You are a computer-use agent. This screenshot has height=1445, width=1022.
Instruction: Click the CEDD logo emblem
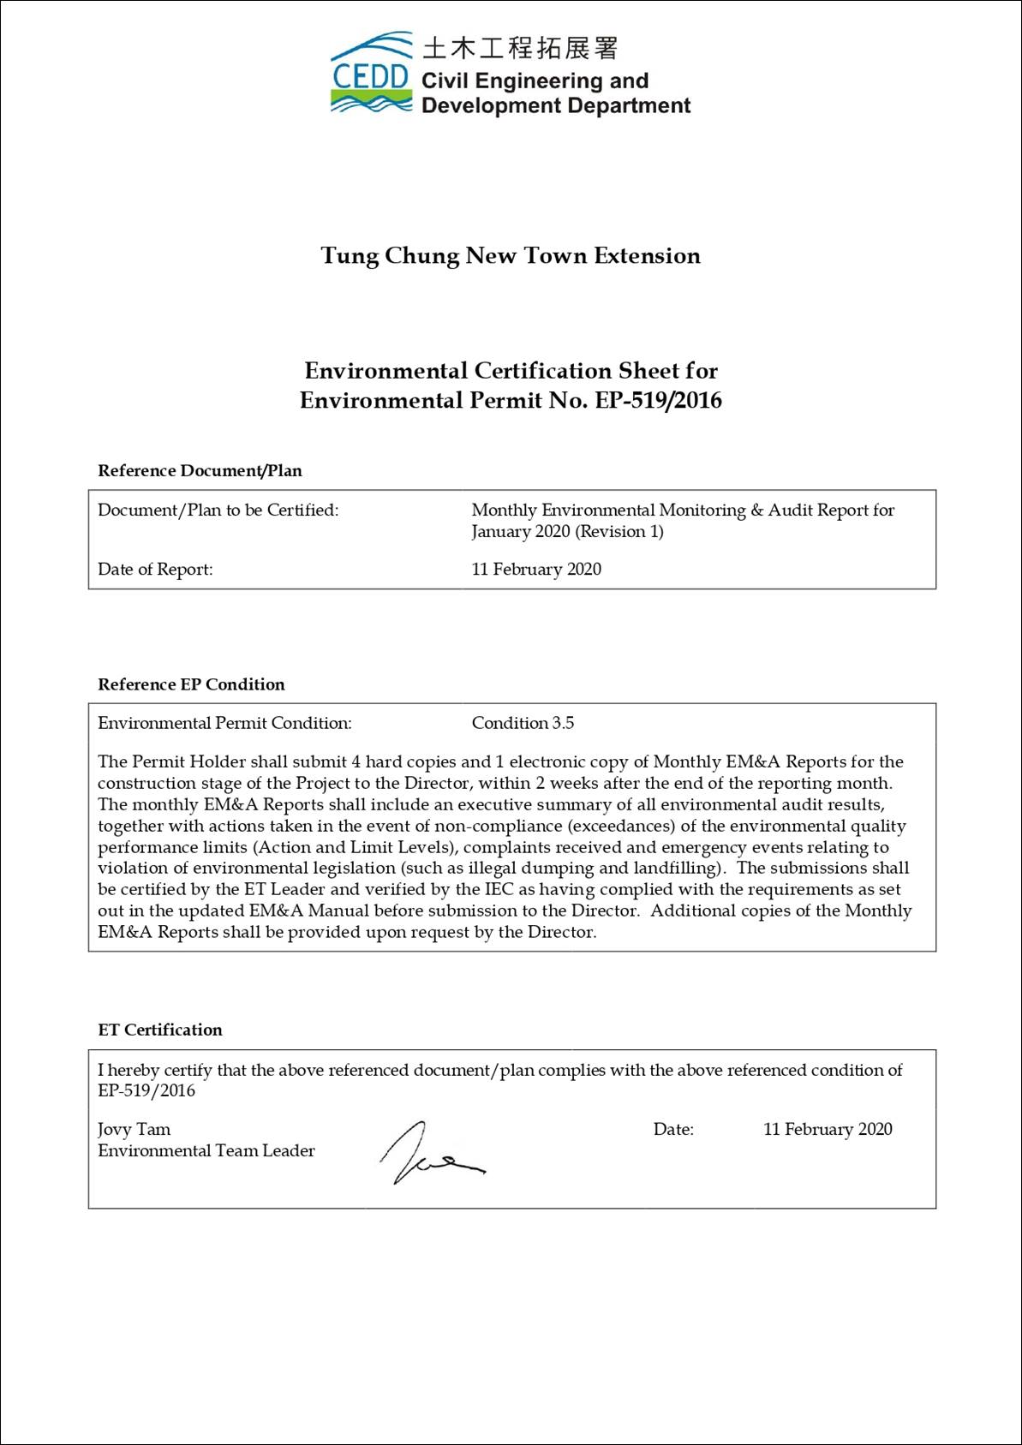pyautogui.click(x=371, y=75)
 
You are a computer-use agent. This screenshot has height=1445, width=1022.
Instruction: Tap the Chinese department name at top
pyautogui.click(x=520, y=48)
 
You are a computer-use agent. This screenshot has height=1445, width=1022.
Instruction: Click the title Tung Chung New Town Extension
pyautogui.click(x=511, y=256)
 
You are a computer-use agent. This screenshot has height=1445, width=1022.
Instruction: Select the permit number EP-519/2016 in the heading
pyautogui.click(x=658, y=401)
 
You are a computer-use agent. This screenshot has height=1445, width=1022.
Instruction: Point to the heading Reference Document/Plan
pyautogui.click(x=200, y=471)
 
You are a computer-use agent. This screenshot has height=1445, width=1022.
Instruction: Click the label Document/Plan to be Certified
pyautogui.click(x=218, y=511)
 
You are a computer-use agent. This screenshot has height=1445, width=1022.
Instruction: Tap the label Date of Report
pyautogui.click(x=155, y=570)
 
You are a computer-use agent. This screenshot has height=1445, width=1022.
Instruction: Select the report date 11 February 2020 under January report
pyautogui.click(x=536, y=570)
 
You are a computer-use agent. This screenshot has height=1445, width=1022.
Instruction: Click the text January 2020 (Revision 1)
pyautogui.click(x=567, y=532)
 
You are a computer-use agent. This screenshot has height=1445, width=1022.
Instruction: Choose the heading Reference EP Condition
pyautogui.click(x=191, y=684)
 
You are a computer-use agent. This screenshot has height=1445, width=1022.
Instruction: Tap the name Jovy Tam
pyautogui.click(x=134, y=1130)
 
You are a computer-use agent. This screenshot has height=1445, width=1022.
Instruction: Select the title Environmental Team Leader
pyautogui.click(x=206, y=1151)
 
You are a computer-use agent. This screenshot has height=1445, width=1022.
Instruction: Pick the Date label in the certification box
pyautogui.click(x=673, y=1130)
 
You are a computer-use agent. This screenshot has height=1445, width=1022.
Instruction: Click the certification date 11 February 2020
pyautogui.click(x=828, y=1130)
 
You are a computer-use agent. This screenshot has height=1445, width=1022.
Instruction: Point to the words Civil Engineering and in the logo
pyautogui.click(x=535, y=81)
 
